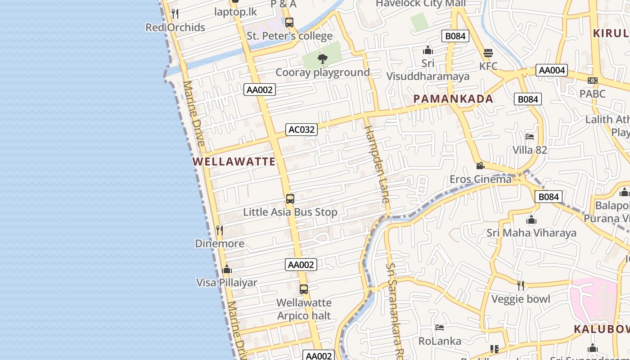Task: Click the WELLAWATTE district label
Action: (234, 162)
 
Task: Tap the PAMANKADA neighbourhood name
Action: (453, 99)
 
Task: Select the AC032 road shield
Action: (301, 130)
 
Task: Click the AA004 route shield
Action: (552, 70)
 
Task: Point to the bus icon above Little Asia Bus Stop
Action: (290, 198)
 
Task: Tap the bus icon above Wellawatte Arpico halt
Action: (304, 289)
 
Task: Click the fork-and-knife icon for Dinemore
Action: (219, 230)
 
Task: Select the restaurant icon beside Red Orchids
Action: (175, 14)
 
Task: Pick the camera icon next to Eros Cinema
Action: (480, 166)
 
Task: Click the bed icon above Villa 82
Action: (530, 136)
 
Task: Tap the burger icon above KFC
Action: (488, 53)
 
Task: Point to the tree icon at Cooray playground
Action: (322, 58)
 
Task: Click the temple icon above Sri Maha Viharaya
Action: (531, 220)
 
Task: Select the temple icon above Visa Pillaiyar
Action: (227, 269)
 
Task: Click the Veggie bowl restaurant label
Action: (521, 299)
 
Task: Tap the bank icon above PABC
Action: (593, 81)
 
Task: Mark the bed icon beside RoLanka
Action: (440, 328)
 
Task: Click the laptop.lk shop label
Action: (235, 12)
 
